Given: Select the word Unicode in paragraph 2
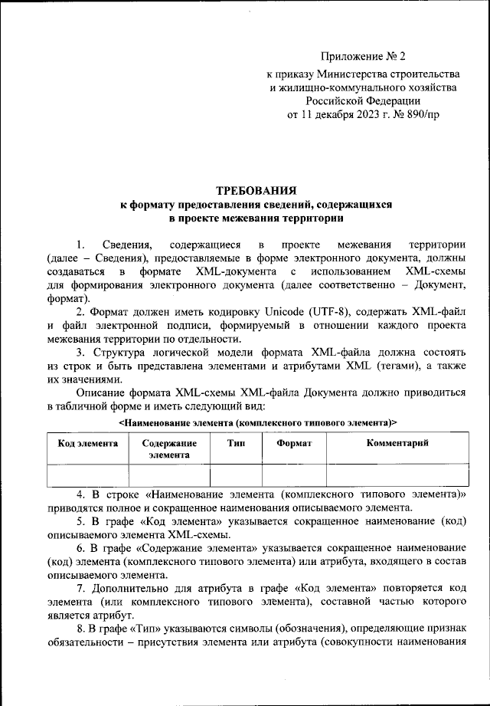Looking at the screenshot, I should click(265, 313).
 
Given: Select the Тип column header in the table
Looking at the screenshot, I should click(237, 444).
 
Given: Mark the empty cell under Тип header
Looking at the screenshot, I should click(237, 476).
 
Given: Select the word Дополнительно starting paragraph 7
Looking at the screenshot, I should click(132, 588).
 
